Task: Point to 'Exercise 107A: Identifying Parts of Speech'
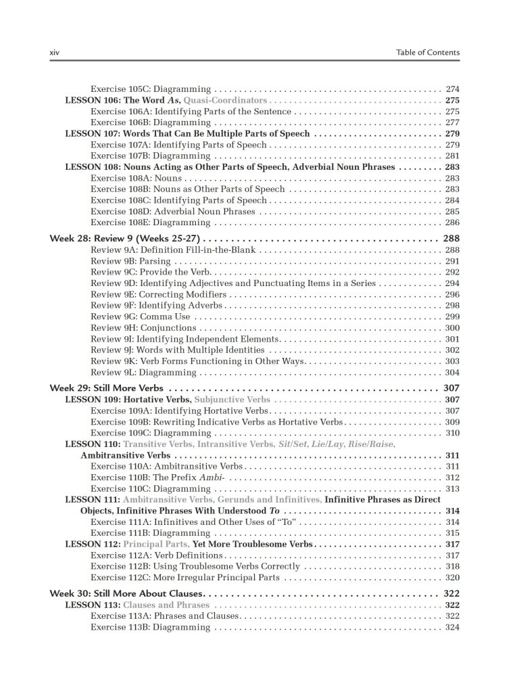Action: point(178,145)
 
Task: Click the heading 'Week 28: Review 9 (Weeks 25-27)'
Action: point(126,239)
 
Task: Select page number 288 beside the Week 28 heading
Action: point(451,239)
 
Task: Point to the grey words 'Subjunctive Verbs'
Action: point(232,400)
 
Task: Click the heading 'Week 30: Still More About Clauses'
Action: point(125,593)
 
